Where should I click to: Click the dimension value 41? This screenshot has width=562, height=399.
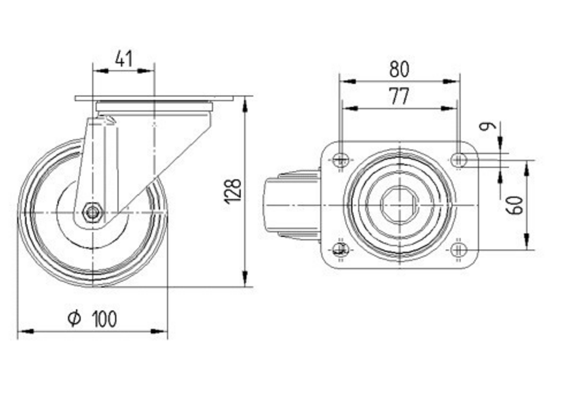point(123,58)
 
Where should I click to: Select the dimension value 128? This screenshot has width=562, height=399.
point(233,191)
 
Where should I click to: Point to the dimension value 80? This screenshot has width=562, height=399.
point(399,69)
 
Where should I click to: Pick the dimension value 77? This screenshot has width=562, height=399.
point(399,97)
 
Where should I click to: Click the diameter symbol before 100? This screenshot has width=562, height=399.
point(74,319)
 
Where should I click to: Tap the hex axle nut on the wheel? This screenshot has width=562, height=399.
point(92,213)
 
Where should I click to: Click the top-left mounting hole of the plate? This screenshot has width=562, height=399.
point(340,160)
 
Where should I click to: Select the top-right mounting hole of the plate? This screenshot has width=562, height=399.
point(459,160)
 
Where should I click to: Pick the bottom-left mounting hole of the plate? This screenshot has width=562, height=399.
point(340,249)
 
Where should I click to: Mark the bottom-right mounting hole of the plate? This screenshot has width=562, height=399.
point(459,249)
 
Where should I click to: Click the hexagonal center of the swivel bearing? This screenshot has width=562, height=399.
point(399,204)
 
